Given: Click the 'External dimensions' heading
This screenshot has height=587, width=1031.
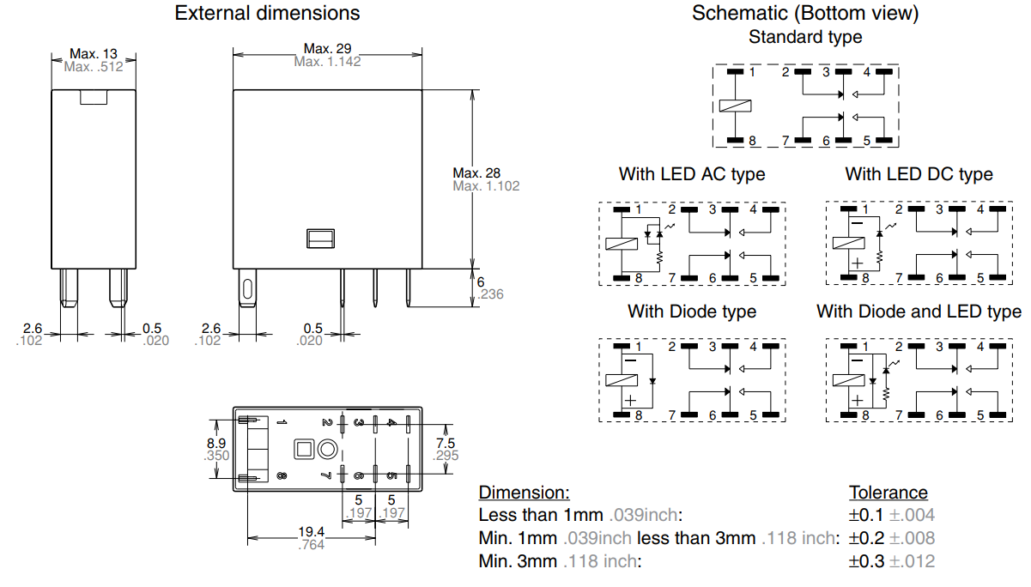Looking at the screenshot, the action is (x=267, y=13).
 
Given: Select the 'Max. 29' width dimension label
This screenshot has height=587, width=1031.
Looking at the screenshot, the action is (x=327, y=48).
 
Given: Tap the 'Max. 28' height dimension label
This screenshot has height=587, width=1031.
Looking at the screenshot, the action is (x=476, y=173).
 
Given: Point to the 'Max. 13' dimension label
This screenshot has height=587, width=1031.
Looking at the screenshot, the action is (x=94, y=53).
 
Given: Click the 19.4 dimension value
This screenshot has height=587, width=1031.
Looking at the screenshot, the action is (x=311, y=532).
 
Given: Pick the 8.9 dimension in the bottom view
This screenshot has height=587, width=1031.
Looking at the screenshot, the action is (x=216, y=443).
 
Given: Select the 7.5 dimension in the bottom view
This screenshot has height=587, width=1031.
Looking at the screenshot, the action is (x=446, y=443).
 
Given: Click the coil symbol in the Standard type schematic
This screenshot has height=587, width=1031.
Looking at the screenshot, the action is (x=736, y=106).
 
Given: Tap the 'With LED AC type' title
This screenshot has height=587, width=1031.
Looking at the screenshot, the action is (x=692, y=174).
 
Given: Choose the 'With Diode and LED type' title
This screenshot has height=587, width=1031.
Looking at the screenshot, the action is (x=919, y=312).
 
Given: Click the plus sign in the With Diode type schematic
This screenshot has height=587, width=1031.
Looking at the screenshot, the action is (x=630, y=400).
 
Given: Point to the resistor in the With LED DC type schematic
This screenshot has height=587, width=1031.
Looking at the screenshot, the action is (x=880, y=257).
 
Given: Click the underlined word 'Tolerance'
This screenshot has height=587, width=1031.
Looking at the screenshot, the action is (x=888, y=493).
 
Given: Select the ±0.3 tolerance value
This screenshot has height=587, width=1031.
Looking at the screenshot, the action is (x=866, y=561).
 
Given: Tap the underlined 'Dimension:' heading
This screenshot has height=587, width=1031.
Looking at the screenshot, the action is (x=524, y=493).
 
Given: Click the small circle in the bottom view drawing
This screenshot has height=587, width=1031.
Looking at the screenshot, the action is (x=327, y=449).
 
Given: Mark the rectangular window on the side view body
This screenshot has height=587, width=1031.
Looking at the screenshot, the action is (x=320, y=239).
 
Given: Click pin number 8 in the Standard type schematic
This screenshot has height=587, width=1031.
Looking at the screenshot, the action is (x=752, y=141).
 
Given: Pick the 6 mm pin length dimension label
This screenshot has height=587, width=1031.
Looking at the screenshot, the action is (x=481, y=281).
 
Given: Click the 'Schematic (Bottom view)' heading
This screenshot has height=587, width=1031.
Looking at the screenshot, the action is (x=805, y=13).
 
